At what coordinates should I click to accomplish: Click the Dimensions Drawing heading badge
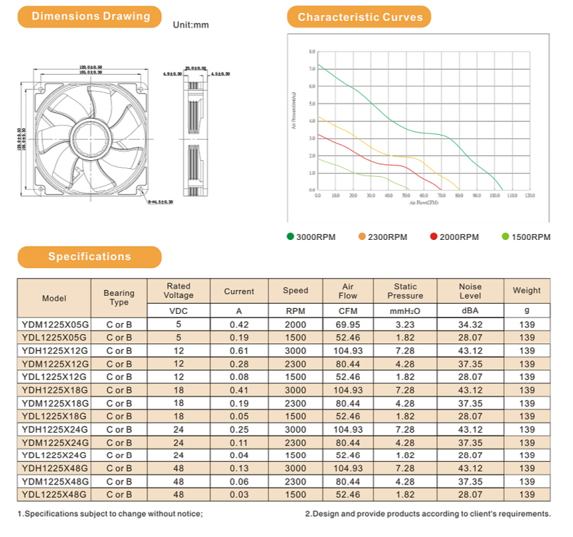(91, 16)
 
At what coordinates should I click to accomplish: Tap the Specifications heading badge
(90, 257)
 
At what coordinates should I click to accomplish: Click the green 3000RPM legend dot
(290, 236)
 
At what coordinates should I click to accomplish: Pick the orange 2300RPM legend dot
(361, 236)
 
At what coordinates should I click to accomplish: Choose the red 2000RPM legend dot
(434, 236)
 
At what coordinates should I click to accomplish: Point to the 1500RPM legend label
(531, 237)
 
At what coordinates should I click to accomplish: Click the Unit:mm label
(191, 25)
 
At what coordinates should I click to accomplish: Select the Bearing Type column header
(119, 298)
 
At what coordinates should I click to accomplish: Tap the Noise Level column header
(470, 291)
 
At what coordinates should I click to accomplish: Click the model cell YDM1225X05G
(54, 325)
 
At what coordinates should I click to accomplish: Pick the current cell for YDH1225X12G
(238, 351)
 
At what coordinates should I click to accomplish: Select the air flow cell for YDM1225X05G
(348, 325)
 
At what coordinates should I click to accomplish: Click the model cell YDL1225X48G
(54, 494)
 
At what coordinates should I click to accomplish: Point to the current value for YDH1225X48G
(238, 468)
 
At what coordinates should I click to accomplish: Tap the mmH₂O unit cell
(405, 311)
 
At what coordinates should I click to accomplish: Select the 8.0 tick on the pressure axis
(311, 52)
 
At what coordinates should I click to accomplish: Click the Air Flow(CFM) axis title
(424, 203)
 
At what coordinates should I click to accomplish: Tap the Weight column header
(527, 291)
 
